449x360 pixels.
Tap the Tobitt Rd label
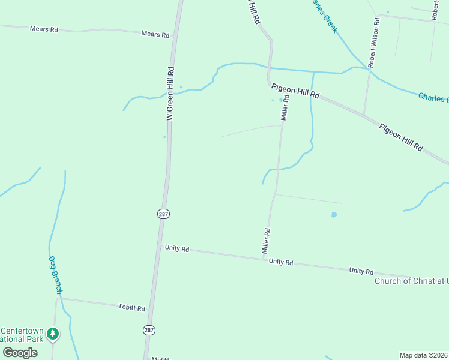click(132, 308)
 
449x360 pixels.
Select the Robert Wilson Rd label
click(373, 43)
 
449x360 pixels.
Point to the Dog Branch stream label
click(55, 275)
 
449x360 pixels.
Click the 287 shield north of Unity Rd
click(163, 214)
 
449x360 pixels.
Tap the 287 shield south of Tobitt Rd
click(149, 330)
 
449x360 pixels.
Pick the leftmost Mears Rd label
click(45, 28)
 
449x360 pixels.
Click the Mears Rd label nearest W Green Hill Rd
click(155, 35)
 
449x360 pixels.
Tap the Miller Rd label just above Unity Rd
click(267, 240)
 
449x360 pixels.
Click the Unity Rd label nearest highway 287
click(177, 248)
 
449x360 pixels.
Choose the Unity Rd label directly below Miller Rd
click(281, 262)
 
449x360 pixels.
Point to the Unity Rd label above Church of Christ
click(361, 271)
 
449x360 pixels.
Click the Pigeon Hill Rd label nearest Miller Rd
click(295, 92)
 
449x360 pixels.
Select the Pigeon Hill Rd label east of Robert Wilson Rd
click(401, 137)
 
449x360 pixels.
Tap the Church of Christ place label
click(411, 281)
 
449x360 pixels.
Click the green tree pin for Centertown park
click(53, 334)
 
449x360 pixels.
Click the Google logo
click(20, 353)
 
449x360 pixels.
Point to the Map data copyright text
click(424, 355)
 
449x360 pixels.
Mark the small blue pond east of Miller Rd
click(334, 214)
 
